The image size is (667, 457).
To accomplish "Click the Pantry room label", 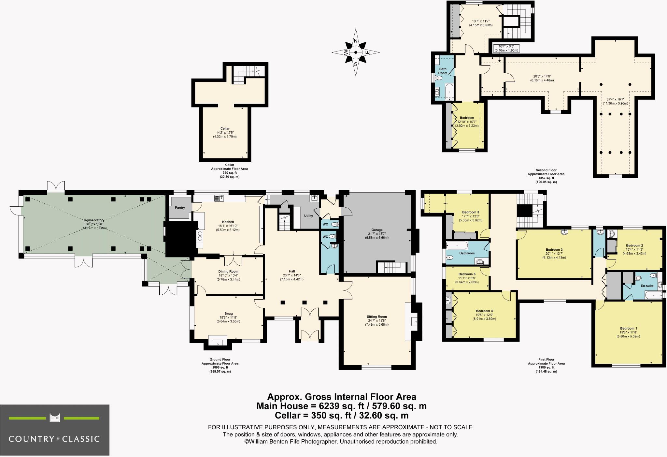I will coord(180,208).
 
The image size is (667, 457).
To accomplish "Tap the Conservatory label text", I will coord(94,220).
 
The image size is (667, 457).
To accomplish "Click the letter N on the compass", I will coord(356,41).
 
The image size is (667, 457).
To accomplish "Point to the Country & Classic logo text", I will coord(54,439).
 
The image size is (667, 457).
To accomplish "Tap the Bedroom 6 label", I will coord(467,274).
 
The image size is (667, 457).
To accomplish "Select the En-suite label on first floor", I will coord(647,286).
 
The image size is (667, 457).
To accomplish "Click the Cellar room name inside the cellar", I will coord(225,129).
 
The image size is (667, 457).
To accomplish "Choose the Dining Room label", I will coord(228,272).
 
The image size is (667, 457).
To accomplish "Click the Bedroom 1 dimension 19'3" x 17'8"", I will coord(628,332).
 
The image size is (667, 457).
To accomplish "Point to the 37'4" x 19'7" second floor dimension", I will coord(615,99).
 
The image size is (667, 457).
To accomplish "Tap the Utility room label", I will coord(308,216).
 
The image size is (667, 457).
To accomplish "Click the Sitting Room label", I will coord(376,317).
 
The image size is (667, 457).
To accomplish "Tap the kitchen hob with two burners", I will coord(200,236).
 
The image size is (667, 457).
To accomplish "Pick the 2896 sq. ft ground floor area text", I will coord(220,367).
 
